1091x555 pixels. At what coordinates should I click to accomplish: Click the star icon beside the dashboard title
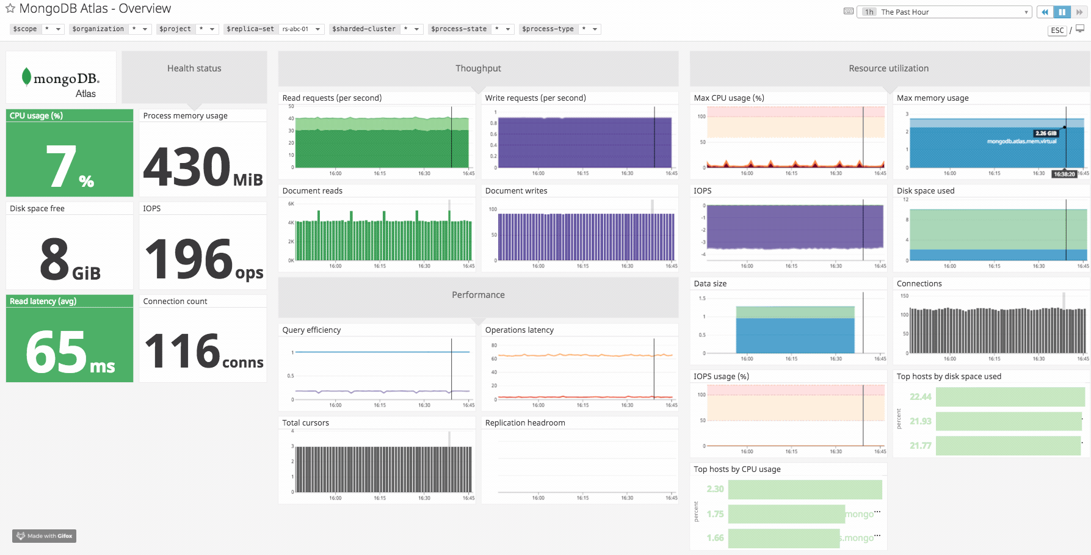pos(10,9)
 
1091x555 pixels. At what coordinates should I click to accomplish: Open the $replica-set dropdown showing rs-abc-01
pos(301,29)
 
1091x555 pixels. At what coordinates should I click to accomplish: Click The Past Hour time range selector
pos(944,12)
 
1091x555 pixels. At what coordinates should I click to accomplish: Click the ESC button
pos(1057,31)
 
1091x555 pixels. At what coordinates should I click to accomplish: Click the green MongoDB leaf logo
pos(26,76)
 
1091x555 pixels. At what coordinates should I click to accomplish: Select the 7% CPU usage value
pos(69,166)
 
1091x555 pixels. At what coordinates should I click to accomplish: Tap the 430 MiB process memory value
pos(202,166)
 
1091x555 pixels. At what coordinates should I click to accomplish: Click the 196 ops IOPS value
pos(202,259)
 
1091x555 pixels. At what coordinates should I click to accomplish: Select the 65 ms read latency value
pos(69,352)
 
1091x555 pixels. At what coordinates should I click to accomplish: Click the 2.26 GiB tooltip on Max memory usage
pos(1045,133)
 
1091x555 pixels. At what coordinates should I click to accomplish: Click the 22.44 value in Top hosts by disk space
pos(920,397)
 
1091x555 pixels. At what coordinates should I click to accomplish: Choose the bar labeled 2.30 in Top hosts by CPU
pos(805,489)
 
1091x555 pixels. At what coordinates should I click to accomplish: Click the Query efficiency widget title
pos(311,330)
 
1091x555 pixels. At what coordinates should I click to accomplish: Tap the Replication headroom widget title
pos(525,423)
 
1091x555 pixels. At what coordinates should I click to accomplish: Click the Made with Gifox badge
pos(44,536)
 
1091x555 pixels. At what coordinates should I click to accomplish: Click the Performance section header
pos(478,295)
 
